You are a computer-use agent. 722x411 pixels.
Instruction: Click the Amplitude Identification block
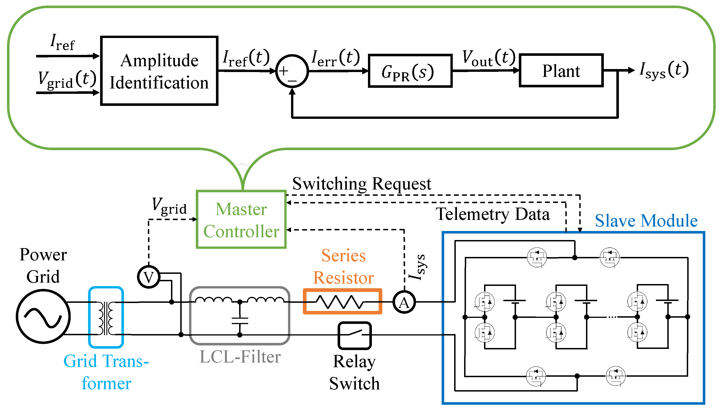pos(159,71)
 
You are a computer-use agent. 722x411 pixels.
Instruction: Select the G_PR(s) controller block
pos(410,71)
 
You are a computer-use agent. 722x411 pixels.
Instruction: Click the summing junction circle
pos(292,71)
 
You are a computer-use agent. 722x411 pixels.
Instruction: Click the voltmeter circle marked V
pos(149,277)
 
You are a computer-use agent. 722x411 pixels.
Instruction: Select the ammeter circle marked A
pos(404,302)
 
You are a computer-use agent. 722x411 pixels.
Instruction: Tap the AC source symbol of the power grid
pos(43,316)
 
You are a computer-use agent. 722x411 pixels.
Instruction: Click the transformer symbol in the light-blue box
pos(106,318)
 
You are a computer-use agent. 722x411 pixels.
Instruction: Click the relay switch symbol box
pos(355,335)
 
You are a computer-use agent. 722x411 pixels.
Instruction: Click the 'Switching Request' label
pos(361,184)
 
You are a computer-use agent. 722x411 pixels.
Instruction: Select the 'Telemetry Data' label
pos(493,214)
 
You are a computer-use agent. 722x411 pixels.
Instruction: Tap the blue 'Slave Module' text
pos(646,221)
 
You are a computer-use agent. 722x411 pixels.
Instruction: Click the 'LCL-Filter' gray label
pos(240,357)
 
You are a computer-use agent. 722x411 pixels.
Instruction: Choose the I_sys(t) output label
pos(664,70)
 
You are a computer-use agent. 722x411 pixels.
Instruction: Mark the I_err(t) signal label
pos(336,58)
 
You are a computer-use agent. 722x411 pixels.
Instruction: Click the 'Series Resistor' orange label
pos(343,266)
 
